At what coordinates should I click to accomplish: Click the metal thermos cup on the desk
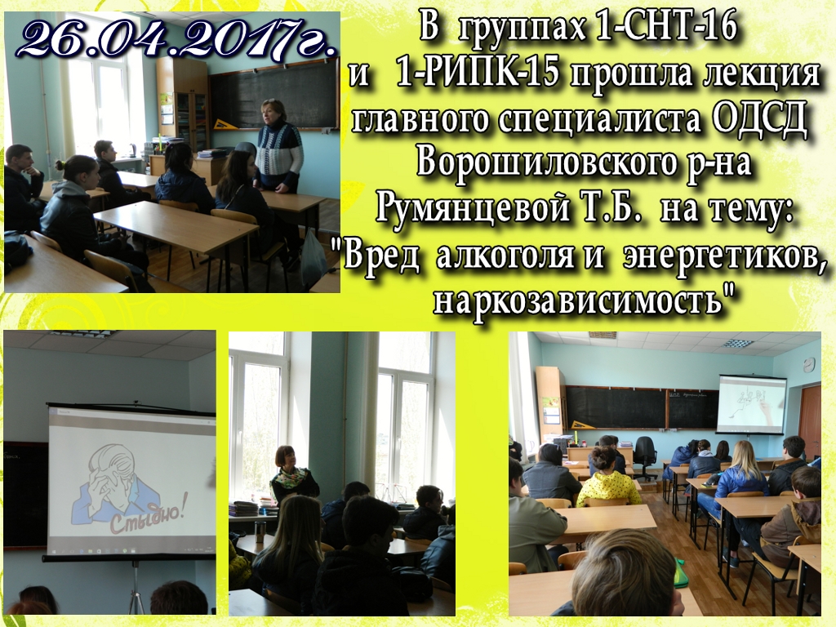click(260, 531)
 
